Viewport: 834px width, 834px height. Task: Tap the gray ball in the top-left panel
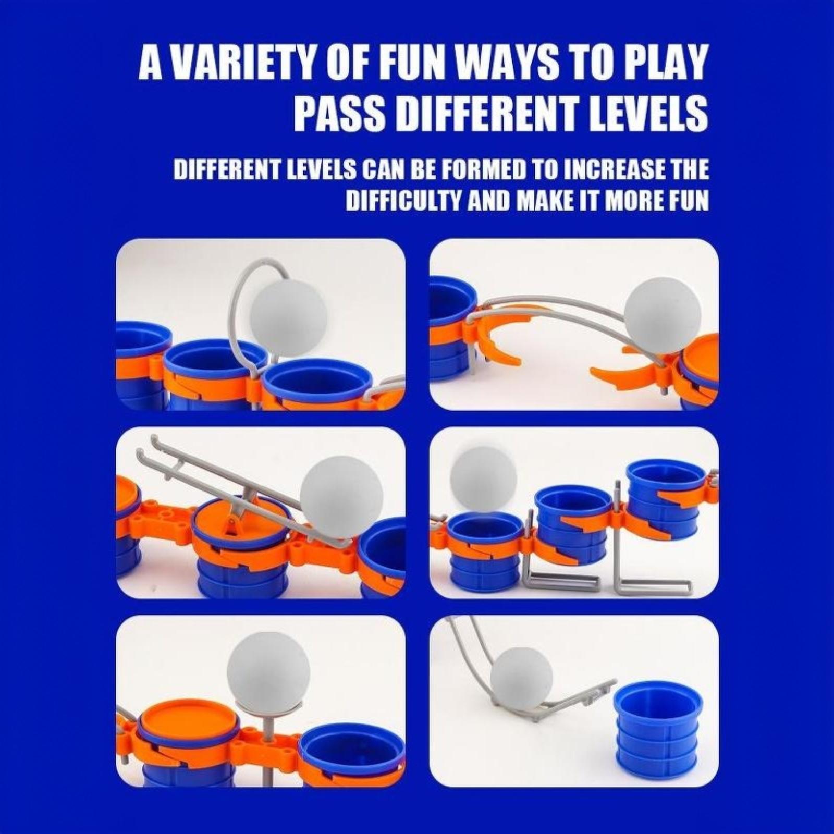pos(288,317)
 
